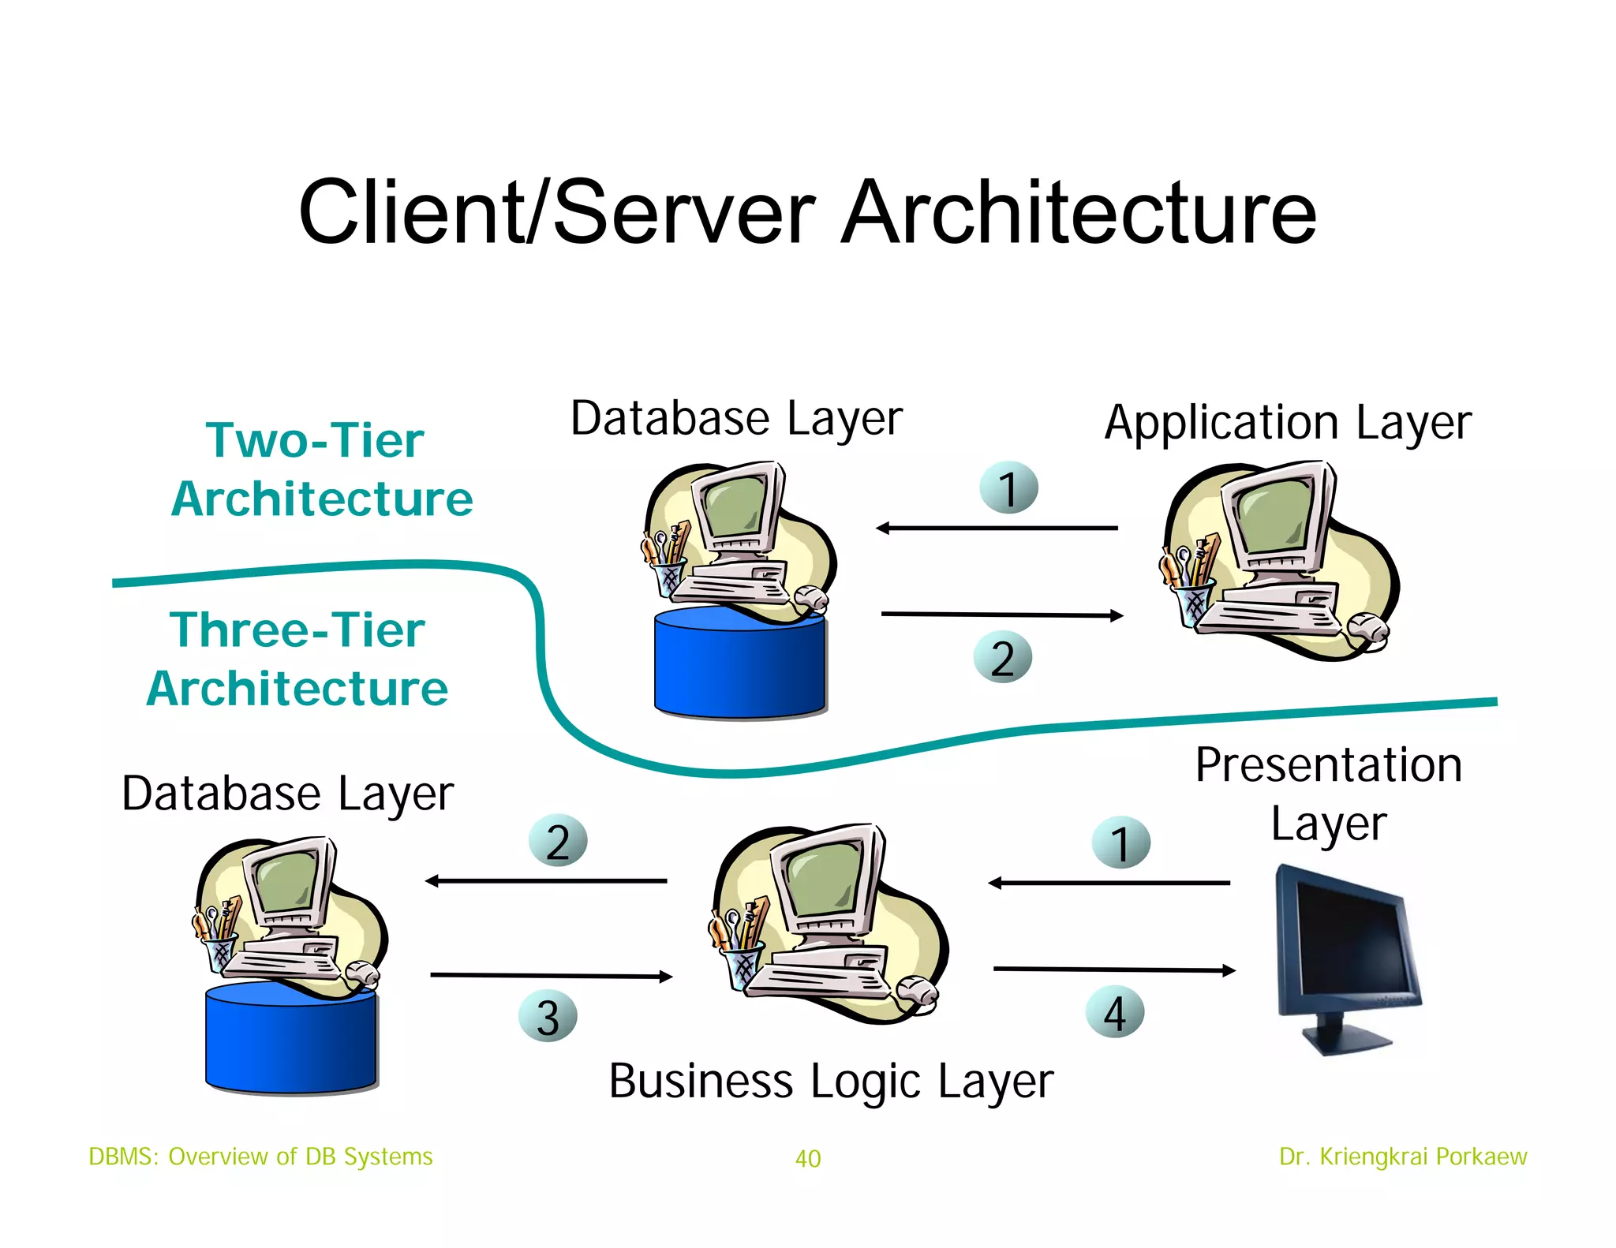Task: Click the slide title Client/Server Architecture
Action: [807, 211]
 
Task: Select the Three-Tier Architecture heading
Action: [298, 659]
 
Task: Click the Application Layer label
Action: [1287, 423]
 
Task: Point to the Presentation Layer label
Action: [1328, 794]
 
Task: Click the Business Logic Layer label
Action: [830, 1081]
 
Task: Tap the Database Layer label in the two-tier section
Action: [736, 418]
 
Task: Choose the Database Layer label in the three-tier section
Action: [287, 794]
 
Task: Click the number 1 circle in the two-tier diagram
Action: [1008, 488]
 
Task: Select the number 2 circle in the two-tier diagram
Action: [1002, 657]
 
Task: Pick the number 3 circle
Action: [548, 1016]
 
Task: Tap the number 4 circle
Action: [1114, 1012]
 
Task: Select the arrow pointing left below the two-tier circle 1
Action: [996, 528]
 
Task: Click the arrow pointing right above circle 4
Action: [1113, 970]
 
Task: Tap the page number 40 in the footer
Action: [808, 1158]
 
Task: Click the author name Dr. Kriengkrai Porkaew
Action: [1402, 1156]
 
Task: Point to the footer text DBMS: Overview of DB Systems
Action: [260, 1156]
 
